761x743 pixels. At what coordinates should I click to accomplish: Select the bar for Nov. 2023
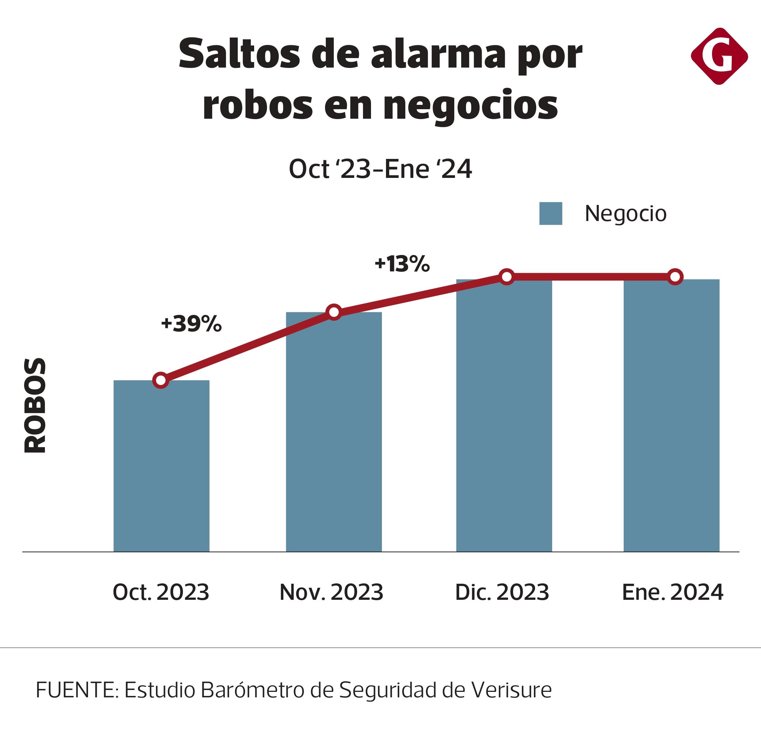pos(333,432)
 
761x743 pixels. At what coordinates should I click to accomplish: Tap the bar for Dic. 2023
pos(504,415)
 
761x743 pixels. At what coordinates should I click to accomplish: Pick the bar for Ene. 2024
pos(671,415)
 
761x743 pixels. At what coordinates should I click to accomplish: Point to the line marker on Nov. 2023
pos(334,312)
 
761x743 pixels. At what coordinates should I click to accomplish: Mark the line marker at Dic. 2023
pos(506,277)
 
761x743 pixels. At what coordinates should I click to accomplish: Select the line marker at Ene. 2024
pos(675,277)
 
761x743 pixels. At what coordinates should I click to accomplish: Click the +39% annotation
pos(191,324)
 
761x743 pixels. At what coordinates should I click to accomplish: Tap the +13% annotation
pos(402,264)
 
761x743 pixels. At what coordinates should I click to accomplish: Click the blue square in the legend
pos(550,213)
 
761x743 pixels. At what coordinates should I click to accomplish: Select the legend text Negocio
pos(625,213)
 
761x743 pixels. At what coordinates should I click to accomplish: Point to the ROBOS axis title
pos(35,406)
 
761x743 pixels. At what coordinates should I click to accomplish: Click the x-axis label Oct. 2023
pos(161,592)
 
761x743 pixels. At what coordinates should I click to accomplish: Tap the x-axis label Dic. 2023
pos(502,592)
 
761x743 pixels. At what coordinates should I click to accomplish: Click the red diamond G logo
pos(719,56)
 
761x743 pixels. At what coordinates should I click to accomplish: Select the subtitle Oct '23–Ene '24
pos(380,169)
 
